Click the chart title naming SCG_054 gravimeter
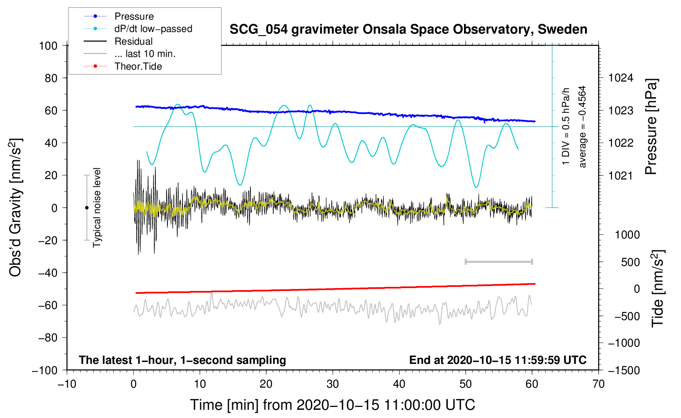[x=408, y=30]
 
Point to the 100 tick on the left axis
[x=48, y=45]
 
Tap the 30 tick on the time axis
[x=333, y=384]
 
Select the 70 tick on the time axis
[x=599, y=384]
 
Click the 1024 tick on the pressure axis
[x=621, y=78]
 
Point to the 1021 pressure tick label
[x=621, y=176]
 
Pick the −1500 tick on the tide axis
[x=624, y=370]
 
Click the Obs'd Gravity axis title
[x=16, y=208]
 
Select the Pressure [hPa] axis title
[x=651, y=127]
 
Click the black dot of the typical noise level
[x=87, y=208]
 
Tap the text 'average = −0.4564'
[x=583, y=127]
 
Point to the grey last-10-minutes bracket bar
[x=498, y=262]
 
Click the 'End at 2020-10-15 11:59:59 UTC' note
[x=498, y=360]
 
